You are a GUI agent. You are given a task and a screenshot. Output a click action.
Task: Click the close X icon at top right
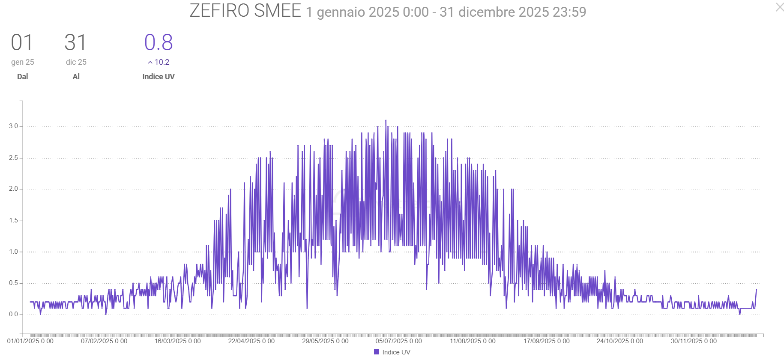pos(779,7)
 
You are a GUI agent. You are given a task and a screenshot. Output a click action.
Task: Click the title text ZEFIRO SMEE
pos(245,11)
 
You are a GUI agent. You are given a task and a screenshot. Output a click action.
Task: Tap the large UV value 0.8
pos(159,43)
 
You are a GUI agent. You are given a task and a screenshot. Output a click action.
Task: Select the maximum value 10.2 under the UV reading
pos(162,62)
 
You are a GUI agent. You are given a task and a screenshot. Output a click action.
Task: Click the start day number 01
pos(22,43)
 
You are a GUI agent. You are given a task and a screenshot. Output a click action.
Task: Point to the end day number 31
pos(75,43)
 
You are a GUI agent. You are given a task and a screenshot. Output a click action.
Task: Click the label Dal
pos(22,77)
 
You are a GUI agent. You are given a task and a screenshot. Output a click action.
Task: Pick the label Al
pos(76,77)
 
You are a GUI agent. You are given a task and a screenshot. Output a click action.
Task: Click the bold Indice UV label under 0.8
pos(159,77)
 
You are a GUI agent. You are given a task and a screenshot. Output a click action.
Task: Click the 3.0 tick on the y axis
pos(13,126)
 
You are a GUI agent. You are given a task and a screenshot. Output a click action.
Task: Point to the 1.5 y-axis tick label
pos(13,220)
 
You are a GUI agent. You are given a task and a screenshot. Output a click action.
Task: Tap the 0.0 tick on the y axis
pos(13,314)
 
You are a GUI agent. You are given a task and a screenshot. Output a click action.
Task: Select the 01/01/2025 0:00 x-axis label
pos(30,341)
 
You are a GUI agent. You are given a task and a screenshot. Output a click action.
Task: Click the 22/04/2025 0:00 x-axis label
pos(251,341)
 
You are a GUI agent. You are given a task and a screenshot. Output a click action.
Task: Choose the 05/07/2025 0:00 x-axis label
pos(398,341)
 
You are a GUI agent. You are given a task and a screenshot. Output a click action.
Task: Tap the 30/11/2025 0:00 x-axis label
pos(694,341)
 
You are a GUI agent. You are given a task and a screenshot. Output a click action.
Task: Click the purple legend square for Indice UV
pos(377,352)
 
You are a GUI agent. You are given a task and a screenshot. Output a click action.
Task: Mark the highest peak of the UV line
pos(386,120)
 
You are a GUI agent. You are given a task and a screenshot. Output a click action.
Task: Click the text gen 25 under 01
pos(22,62)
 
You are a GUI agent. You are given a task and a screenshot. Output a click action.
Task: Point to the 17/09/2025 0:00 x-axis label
pos(546,341)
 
